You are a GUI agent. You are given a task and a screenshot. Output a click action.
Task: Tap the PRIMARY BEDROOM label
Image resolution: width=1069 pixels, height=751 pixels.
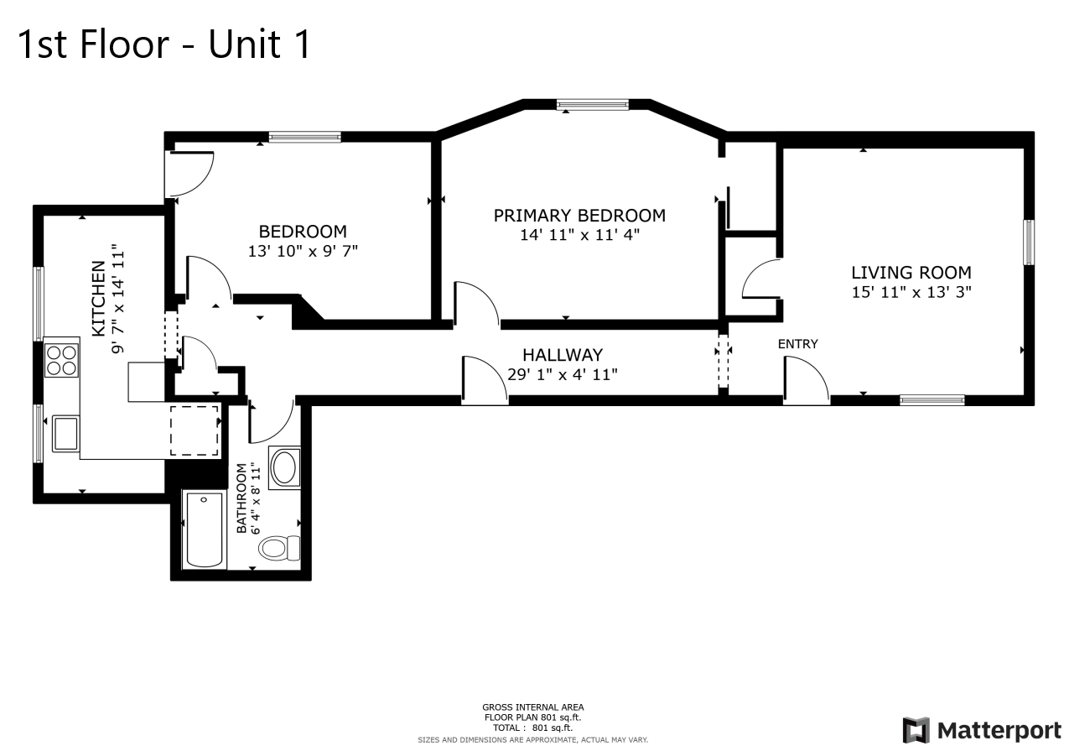[579, 216]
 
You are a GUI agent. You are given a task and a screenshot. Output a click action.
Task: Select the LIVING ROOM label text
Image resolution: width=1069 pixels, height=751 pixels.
[911, 273]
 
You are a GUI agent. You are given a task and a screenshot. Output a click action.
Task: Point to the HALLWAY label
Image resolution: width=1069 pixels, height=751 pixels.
[562, 355]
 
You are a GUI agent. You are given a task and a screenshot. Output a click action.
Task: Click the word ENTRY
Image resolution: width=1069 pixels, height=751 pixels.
[797, 344]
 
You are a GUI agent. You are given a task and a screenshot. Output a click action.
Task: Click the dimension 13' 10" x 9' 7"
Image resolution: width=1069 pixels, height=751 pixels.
[303, 251]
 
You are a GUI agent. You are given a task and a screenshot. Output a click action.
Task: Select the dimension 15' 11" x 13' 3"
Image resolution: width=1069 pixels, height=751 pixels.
[911, 293]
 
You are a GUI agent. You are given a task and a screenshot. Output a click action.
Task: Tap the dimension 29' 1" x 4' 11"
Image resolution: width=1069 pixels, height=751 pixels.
[563, 374]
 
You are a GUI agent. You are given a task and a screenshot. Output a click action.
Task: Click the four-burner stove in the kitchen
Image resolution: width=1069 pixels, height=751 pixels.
[61, 360]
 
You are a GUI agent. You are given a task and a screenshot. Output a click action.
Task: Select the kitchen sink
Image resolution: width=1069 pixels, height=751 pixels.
[65, 433]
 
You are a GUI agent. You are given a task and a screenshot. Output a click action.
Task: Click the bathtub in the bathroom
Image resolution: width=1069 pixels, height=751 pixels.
[204, 530]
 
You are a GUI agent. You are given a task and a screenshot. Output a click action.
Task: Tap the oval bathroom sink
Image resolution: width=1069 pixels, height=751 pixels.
[284, 466]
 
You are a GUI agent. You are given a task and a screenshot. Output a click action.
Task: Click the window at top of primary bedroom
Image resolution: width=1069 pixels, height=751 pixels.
[592, 105]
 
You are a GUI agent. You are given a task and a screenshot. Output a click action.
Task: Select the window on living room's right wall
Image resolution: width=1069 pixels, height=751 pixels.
[1028, 243]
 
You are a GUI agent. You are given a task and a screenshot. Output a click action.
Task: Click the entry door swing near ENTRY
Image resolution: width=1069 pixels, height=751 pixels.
[805, 380]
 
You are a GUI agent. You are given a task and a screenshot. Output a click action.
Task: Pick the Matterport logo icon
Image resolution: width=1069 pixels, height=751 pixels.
[916, 730]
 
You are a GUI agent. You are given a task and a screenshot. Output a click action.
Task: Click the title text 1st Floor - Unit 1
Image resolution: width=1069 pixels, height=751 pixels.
[164, 44]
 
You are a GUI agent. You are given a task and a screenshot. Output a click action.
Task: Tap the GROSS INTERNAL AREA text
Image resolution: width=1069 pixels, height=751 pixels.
[532, 707]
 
